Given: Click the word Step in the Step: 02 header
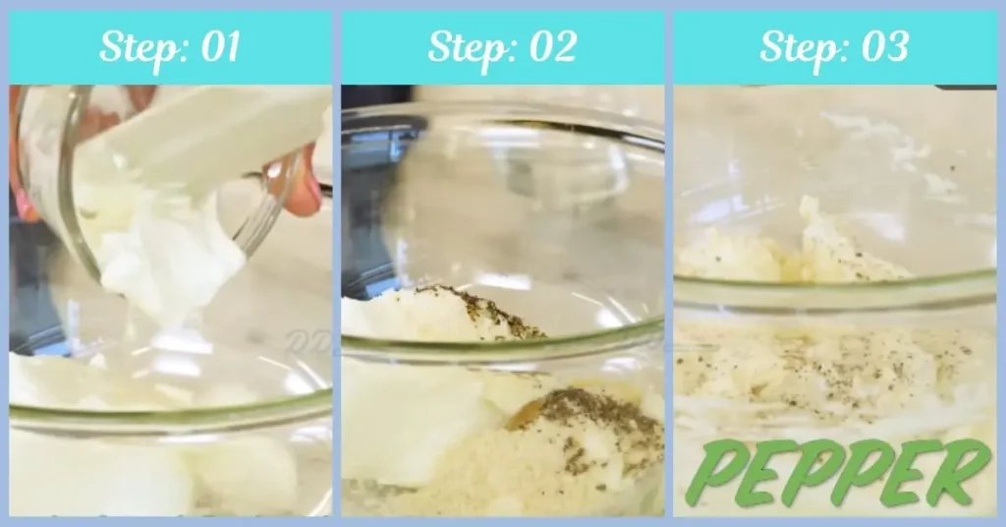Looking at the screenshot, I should click(x=466, y=47).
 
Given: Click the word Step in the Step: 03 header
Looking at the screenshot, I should click(x=797, y=47).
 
